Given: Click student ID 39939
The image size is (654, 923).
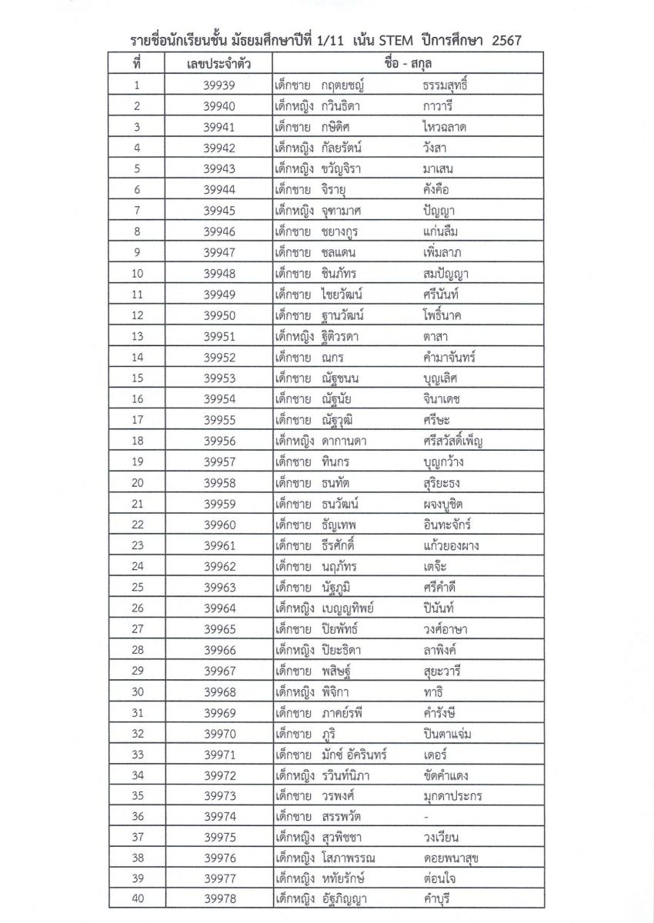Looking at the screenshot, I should (x=220, y=86).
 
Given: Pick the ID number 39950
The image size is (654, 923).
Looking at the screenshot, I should (x=220, y=315).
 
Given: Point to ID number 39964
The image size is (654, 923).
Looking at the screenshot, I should (x=220, y=608).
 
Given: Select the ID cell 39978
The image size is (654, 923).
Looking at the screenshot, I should (x=220, y=899).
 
